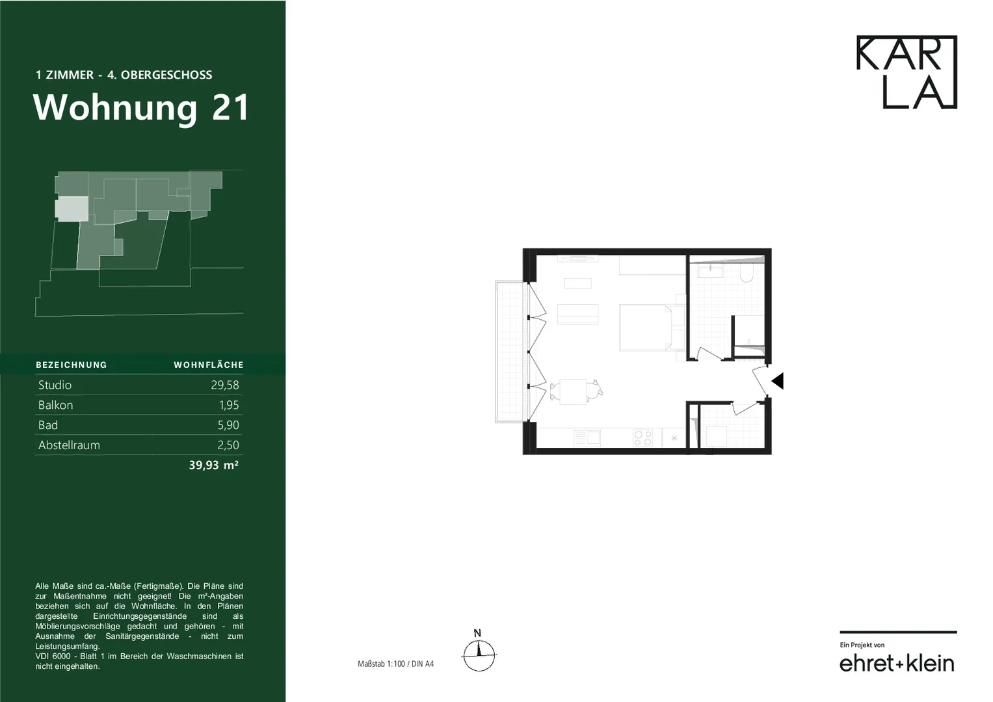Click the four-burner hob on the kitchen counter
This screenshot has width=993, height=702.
click(642, 438)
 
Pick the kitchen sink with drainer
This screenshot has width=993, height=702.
click(587, 438)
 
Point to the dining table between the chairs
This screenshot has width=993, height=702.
click(573, 391)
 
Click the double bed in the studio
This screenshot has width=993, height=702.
click(646, 327)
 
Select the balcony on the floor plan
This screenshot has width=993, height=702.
click(511, 352)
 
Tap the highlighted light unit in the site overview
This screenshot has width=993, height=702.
click(72, 209)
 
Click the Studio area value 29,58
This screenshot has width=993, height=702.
click(225, 385)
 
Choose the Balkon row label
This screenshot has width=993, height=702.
click(55, 404)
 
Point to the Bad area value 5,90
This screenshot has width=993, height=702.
click(228, 425)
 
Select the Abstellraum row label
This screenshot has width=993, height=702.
click(69, 445)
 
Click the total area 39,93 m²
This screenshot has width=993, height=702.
click(214, 465)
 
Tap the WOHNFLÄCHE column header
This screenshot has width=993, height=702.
click(209, 365)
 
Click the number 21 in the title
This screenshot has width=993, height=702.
click(230, 107)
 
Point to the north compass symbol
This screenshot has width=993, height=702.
click(479, 651)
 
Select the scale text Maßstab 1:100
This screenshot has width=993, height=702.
click(382, 664)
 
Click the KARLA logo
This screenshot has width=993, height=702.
click(907, 71)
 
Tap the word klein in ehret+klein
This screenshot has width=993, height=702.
click(930, 664)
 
